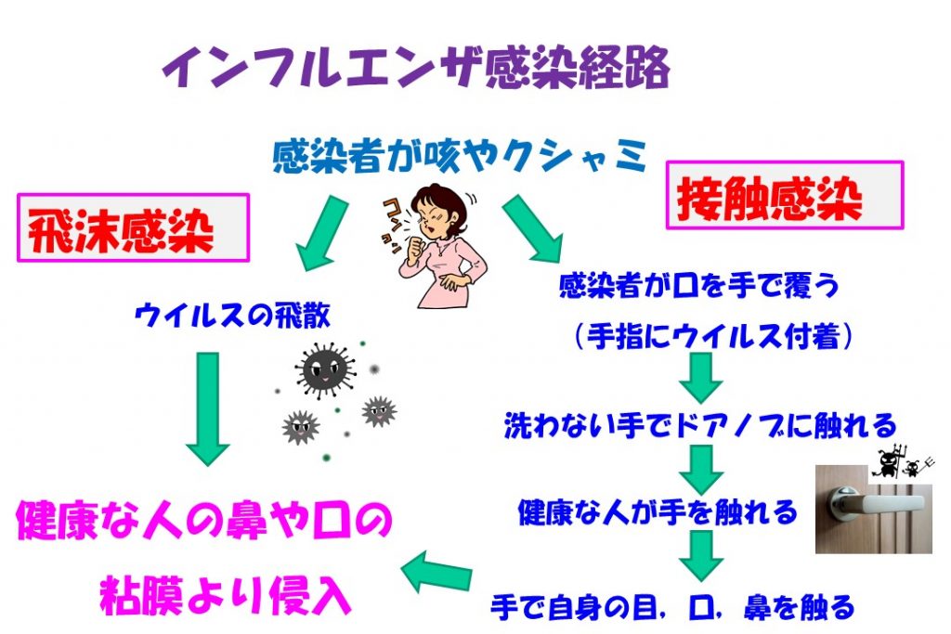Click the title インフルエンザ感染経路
pyautogui.click(x=415, y=68)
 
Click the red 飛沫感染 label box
pyautogui.click(x=133, y=228)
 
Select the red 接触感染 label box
pyautogui.click(x=785, y=196)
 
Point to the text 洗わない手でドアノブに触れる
pyautogui.click(x=700, y=426)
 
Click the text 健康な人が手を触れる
pyautogui.click(x=658, y=511)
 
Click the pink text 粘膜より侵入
pyautogui.click(x=226, y=595)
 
